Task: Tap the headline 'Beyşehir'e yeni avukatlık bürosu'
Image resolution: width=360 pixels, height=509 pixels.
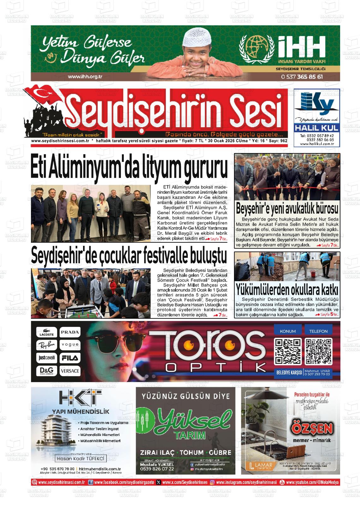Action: click(x=287, y=209)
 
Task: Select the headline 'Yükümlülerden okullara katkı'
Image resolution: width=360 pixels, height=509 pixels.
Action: click(x=287, y=289)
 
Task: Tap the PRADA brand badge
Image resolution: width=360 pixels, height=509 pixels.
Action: click(x=70, y=332)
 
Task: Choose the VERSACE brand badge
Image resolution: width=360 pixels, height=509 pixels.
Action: click(x=70, y=371)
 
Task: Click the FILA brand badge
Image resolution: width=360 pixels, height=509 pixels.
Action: click(x=70, y=358)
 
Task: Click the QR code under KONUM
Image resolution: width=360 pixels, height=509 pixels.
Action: click(x=287, y=351)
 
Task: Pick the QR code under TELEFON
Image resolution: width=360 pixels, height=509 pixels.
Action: click(x=319, y=351)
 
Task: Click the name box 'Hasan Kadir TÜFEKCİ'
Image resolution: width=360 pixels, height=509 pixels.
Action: click(x=80, y=459)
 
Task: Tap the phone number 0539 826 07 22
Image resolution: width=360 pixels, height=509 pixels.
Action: click(x=157, y=469)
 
